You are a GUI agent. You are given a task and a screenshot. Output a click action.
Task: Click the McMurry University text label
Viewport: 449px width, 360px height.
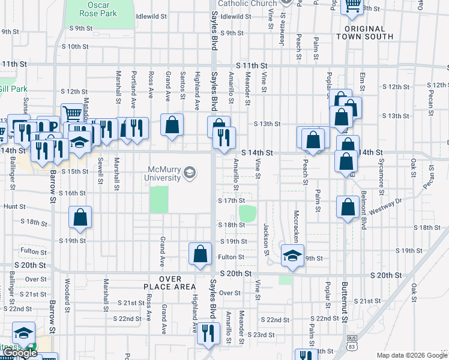(163, 173)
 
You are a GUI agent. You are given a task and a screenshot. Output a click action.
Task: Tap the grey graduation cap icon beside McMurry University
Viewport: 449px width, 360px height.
(190, 173)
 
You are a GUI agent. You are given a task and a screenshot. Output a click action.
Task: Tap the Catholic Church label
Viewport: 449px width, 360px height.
(247, 3)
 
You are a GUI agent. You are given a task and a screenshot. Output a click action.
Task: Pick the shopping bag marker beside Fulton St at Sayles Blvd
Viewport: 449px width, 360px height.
(200, 253)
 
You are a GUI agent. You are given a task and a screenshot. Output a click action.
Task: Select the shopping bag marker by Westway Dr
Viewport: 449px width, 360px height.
(348, 208)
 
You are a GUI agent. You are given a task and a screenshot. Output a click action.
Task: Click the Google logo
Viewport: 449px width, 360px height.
(20, 353)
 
